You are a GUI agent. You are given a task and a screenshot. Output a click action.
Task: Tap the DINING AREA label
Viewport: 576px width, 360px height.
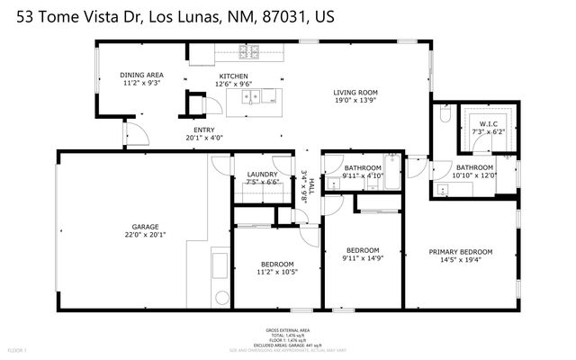[x=141, y=75]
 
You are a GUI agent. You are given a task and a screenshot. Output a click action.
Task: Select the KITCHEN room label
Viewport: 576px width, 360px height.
[x=231, y=76]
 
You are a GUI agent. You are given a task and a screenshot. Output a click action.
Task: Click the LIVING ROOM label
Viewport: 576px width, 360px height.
[x=355, y=93]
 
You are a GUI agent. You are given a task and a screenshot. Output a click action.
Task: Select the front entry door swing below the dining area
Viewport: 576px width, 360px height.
[x=135, y=136]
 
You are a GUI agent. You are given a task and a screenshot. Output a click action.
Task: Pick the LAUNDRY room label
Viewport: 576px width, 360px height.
[x=262, y=174]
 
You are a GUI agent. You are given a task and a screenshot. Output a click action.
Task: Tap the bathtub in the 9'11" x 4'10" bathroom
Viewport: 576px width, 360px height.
[x=391, y=163]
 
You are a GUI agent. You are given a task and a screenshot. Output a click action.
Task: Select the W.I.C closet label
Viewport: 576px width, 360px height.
[x=489, y=124]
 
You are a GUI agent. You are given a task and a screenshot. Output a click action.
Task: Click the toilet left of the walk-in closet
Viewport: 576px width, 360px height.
[x=444, y=115]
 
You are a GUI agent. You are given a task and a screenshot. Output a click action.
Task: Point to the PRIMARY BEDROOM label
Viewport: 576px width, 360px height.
[x=460, y=251]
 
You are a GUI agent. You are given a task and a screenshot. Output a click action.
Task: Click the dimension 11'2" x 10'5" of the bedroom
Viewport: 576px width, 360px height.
[x=276, y=272]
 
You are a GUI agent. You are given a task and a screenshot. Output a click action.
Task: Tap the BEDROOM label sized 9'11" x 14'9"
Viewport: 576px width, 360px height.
[x=363, y=250]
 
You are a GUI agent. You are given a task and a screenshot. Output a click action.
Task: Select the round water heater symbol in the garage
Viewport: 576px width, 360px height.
[x=220, y=297]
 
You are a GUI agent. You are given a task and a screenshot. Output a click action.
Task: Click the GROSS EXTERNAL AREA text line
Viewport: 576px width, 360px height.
[x=288, y=329]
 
